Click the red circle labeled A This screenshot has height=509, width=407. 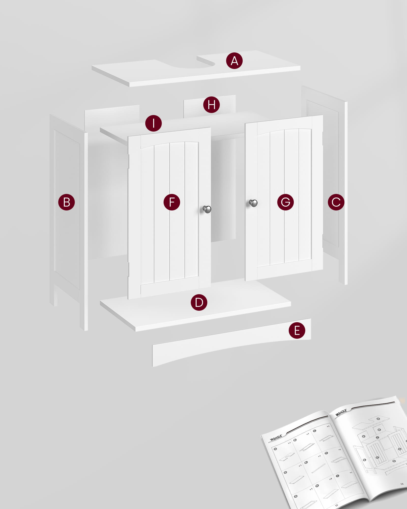coord(234,61)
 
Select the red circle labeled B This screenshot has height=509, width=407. coord(66,202)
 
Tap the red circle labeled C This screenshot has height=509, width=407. coord(336,202)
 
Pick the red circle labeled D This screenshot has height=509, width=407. coord(199,302)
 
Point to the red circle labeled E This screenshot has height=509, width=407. coord(297,330)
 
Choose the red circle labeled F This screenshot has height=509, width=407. coord(172,202)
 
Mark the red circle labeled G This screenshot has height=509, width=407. coord(285,202)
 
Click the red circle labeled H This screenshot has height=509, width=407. coord(211,105)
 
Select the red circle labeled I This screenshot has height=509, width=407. coord(153,123)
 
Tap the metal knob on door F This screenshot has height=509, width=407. coord(207,209)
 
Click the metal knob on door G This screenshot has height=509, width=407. coord(253,203)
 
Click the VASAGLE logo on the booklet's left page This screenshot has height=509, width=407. coord(276,437)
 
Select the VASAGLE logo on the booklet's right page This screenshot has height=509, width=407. coord(341,412)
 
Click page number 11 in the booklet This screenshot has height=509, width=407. coord(337,505)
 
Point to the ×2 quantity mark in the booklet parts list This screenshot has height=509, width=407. coord(331,479)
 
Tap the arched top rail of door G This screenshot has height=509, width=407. coord(284,126)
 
